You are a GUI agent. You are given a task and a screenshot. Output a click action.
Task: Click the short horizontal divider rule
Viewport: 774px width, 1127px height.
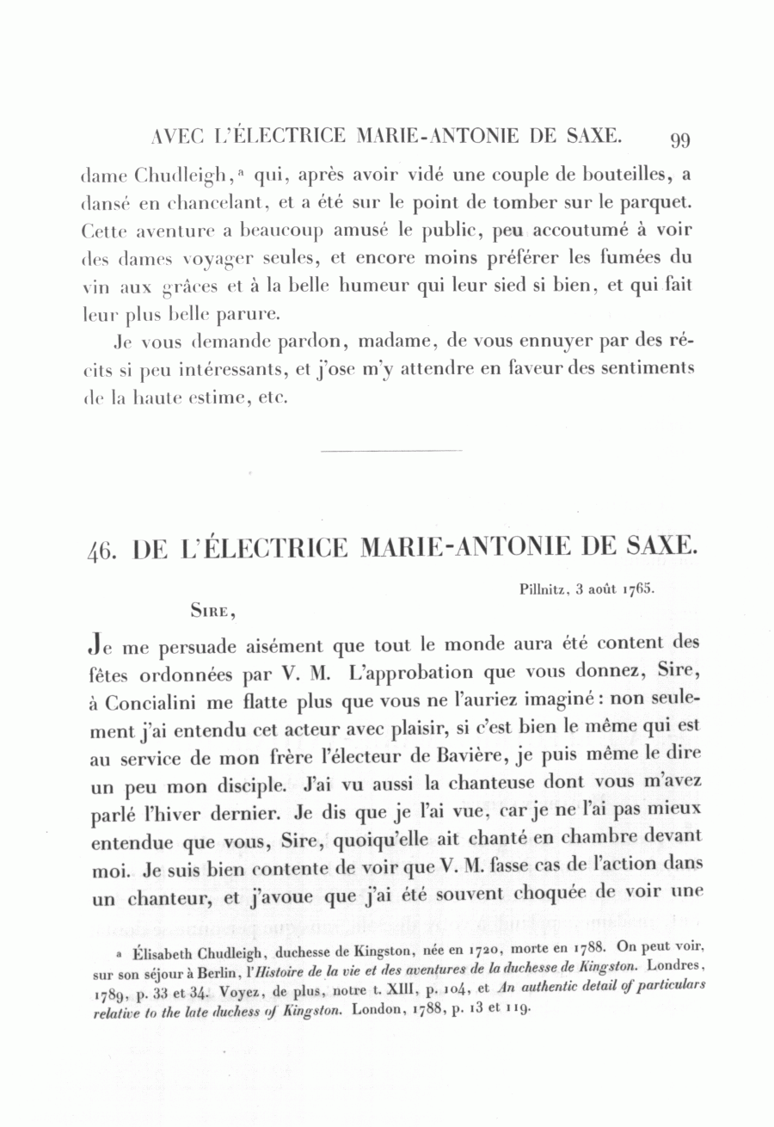pos(390,450)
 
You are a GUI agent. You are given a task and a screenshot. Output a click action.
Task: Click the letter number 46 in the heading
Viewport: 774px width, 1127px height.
pos(102,547)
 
